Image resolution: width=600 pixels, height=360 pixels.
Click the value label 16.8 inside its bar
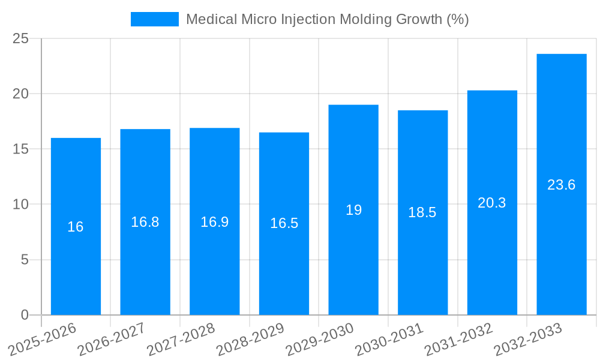point(145,222)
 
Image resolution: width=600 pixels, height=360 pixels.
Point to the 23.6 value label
point(562,185)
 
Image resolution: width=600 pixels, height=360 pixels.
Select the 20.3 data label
point(492,203)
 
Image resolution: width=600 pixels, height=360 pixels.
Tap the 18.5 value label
point(422,212)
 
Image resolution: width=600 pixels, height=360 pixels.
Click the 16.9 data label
point(215,222)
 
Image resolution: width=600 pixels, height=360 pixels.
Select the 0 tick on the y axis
point(25,315)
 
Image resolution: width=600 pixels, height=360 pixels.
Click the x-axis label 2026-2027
point(112,338)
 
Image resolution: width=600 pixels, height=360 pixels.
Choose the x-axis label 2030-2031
point(390,338)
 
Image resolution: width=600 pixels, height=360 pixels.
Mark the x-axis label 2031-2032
point(459,338)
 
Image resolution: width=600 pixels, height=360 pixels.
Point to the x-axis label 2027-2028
point(182,338)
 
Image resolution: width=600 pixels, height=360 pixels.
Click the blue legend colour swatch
point(155,19)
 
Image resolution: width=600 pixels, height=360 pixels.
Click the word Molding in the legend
point(367,19)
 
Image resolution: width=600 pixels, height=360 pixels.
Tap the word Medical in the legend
point(211,19)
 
